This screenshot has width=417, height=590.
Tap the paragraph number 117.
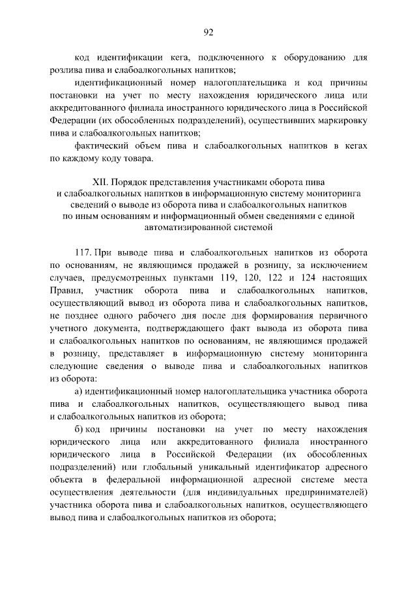pos(83,252)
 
